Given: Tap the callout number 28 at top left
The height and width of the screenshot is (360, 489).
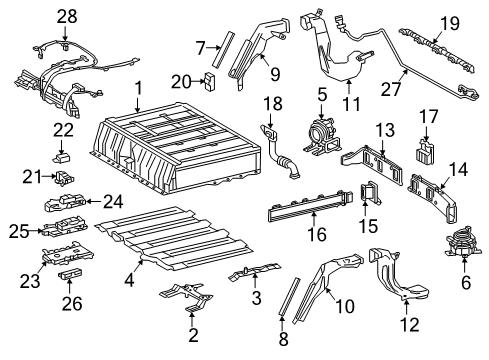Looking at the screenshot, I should (66, 16).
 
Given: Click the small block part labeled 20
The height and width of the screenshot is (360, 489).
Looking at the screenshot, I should (211, 81).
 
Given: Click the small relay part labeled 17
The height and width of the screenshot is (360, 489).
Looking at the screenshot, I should (428, 151).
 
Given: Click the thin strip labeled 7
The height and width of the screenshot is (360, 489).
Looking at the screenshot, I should (225, 47).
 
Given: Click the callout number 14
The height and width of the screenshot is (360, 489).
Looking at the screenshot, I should (463, 167).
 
